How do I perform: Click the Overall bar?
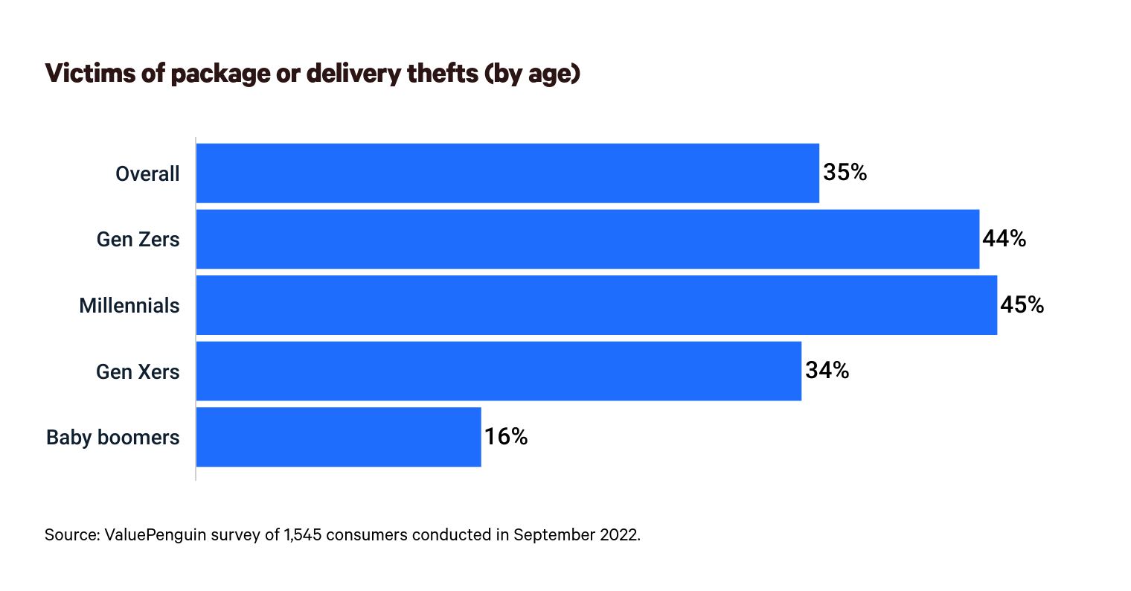[507, 173]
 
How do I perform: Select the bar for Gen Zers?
[587, 239]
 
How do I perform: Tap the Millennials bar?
[596, 305]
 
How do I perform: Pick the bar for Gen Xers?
[499, 371]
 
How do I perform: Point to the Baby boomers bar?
[339, 437]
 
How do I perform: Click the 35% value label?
[845, 173]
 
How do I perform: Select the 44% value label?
[1004, 239]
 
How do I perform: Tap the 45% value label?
[1022, 305]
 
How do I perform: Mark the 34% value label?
[827, 371]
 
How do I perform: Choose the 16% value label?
[506, 437]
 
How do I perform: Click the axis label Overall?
[147, 174]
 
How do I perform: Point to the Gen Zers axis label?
[138, 240]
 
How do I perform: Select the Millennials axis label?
[129, 306]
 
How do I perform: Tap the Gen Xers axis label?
[138, 371]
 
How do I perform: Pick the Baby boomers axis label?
[113, 438]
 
